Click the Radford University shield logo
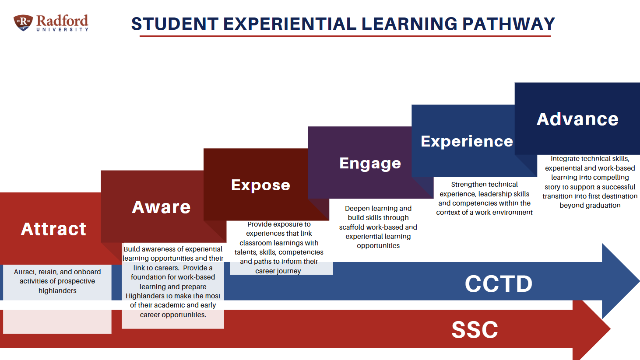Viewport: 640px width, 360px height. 23,23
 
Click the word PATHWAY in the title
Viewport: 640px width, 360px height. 508,24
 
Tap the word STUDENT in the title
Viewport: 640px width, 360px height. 175,24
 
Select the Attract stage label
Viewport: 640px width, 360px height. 54,229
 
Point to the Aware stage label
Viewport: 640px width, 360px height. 161,207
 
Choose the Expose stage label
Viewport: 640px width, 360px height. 261,185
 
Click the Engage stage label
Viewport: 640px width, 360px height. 370,164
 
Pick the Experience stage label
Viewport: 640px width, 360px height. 467,142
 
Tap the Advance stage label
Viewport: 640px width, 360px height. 577,119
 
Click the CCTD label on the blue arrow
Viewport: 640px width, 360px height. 499,284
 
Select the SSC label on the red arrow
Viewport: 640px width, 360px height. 475,330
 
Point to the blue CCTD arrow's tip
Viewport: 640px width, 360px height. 639,281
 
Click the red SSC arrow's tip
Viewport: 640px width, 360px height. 610,329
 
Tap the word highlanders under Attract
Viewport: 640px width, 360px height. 57,291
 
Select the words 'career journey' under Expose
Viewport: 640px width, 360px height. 278,271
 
